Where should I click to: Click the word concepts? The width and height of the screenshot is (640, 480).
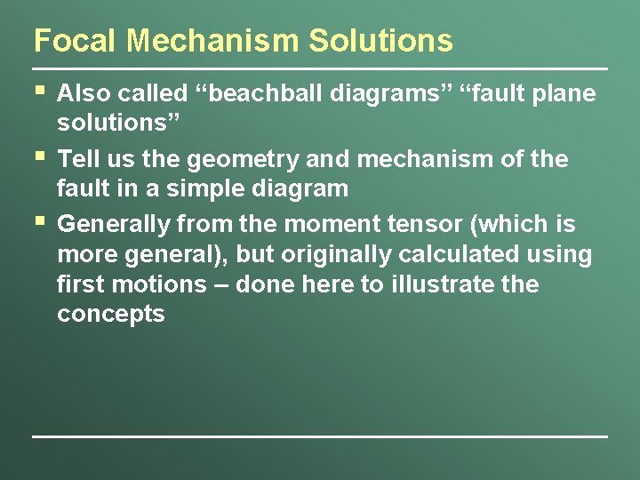click(111, 315)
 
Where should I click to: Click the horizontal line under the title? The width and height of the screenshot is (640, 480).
click(320, 68)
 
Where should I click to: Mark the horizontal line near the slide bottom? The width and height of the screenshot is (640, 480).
click(320, 436)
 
